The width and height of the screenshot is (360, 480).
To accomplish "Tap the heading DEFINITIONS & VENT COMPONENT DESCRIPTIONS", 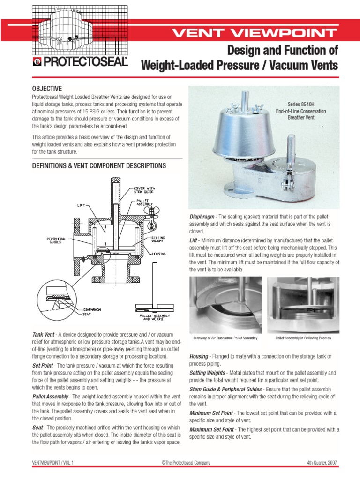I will (x=98, y=166).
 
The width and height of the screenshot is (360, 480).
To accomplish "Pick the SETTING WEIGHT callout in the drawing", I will (x=158, y=239).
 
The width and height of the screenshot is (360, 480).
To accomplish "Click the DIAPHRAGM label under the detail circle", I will (x=93, y=309).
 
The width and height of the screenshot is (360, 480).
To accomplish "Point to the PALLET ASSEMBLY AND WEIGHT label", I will (x=155, y=317).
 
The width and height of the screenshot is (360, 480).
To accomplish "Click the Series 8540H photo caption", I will (x=307, y=111).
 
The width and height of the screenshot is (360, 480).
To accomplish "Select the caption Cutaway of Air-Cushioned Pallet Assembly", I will (x=225, y=337).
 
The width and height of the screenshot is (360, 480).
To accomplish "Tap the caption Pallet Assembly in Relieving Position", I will (x=303, y=337).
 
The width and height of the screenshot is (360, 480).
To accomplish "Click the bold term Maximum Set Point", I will (x=211, y=429).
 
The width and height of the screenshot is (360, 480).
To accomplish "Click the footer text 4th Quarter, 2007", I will (x=319, y=463).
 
